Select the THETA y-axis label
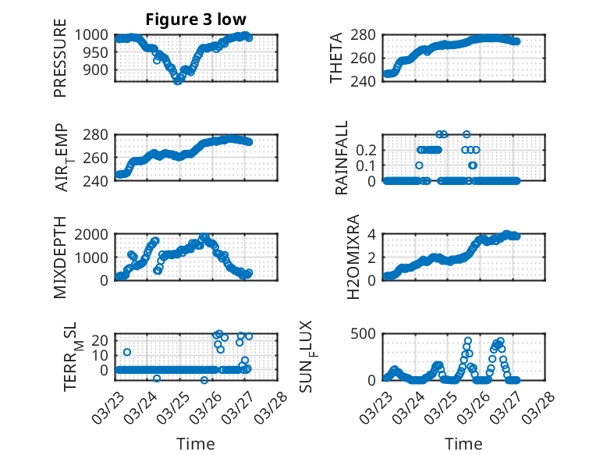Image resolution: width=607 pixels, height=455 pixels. pos(336,58)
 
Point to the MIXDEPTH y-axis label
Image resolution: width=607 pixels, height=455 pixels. pos(60,258)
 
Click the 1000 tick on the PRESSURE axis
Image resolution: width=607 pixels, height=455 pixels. pos(95,35)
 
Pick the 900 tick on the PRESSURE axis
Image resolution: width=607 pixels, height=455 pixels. pos(99,69)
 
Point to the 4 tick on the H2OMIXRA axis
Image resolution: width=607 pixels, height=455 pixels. pos(374,234)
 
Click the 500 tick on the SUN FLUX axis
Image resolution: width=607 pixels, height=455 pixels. pos(369,334)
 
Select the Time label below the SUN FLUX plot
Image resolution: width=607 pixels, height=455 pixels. pos(463,444)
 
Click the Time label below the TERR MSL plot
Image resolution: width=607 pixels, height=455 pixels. pos(197,444)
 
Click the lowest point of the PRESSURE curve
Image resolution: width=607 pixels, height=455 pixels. pos(178,80)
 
